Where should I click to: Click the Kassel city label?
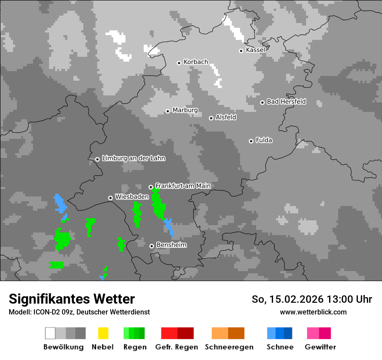(255, 50)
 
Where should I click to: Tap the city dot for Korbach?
(179, 63)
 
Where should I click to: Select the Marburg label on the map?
(185, 110)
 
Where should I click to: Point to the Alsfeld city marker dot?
(211, 118)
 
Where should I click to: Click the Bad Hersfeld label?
(286, 101)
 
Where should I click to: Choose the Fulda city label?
(264, 140)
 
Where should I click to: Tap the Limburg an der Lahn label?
(133, 158)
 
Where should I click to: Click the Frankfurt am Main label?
(183, 186)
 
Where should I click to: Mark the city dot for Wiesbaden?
(110, 198)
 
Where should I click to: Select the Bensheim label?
(171, 245)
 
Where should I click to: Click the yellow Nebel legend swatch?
(103, 333)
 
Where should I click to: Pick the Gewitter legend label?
(320, 347)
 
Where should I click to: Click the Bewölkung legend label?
(63, 347)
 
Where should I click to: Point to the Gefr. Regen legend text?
(177, 347)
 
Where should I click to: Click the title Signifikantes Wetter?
(72, 299)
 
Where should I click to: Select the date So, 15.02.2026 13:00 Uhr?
(312, 299)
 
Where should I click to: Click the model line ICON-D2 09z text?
(79, 312)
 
